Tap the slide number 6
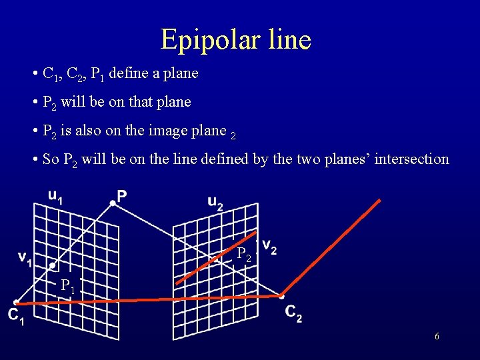click(437, 337)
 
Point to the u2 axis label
click(215, 203)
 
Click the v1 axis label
click(25, 258)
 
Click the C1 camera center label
click(16, 317)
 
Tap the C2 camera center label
click(293, 313)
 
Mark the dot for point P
click(112, 203)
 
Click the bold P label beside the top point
click(122, 195)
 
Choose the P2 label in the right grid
click(245, 254)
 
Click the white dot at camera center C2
click(281, 296)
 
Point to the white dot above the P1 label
click(53, 265)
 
